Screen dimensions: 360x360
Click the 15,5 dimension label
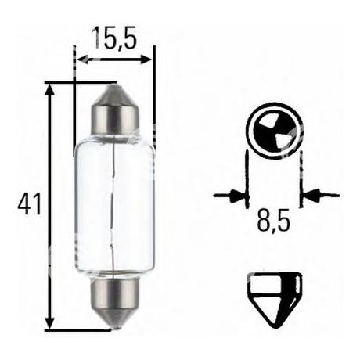tap(114, 38)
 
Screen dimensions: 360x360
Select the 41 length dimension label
tap(30, 203)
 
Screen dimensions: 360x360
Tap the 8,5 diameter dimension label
tap(273, 221)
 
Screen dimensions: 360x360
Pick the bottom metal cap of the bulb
tap(114, 302)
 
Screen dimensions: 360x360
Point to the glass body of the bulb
tap(115, 206)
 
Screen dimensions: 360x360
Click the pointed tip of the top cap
tap(115, 85)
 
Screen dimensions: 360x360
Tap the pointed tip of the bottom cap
tap(115, 326)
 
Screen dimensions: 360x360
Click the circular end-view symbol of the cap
tap(275, 131)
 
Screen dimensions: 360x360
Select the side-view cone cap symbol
tap(275, 300)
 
